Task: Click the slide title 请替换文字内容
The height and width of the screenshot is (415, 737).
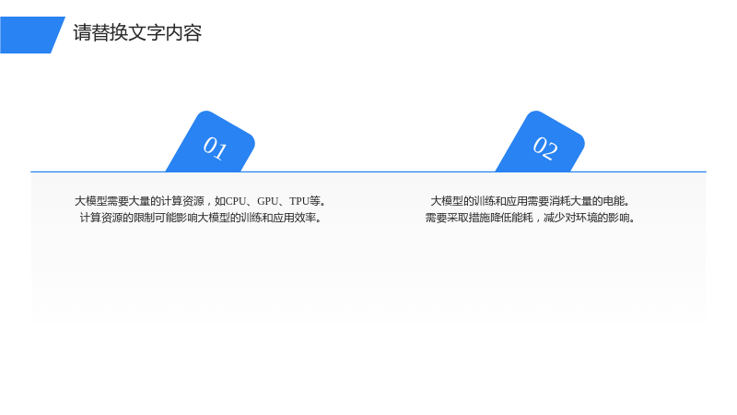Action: [x=137, y=33]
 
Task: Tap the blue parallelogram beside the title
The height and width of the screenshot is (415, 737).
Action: [x=32, y=35]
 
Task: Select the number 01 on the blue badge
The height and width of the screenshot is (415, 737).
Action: [x=216, y=148]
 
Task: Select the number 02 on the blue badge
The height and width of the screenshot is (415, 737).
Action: [x=545, y=148]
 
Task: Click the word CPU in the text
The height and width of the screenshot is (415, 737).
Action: [x=236, y=201]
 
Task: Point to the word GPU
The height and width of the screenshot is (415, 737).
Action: [x=268, y=201]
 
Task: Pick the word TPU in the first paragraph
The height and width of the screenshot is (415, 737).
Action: [x=298, y=201]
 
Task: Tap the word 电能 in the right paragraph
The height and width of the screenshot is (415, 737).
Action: [x=614, y=201]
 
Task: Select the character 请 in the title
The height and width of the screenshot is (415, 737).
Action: [x=82, y=33]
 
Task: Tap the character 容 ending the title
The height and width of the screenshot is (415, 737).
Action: [x=193, y=33]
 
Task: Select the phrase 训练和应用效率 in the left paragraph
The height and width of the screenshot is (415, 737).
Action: [x=278, y=218]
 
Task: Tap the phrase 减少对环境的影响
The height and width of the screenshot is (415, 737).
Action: [x=587, y=218]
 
